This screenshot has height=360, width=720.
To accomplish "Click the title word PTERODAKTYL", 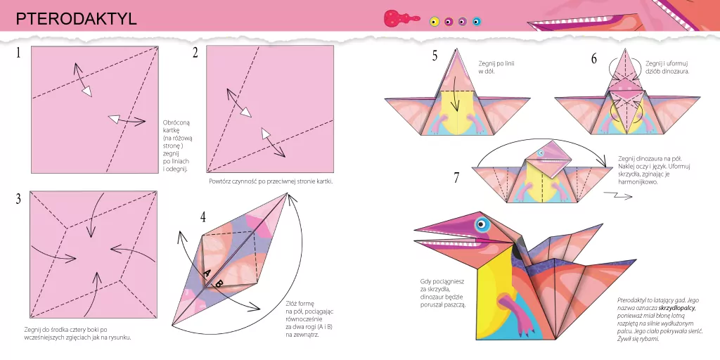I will click(76, 19).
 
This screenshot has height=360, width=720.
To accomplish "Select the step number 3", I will click(18, 199).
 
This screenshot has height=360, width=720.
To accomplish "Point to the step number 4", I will click(203, 217).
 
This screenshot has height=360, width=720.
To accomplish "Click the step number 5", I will click(435, 56).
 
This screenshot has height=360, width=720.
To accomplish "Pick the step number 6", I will click(594, 58).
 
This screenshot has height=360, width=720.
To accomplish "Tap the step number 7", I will click(456, 178).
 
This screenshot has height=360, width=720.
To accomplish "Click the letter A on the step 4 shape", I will click(207, 274).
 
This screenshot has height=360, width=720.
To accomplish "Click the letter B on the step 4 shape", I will click(219, 283).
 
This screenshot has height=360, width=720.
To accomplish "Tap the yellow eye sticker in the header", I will click(435, 22).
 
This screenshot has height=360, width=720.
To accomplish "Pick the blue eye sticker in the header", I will click(477, 22).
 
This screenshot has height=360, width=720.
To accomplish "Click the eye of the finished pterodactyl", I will click(482, 226).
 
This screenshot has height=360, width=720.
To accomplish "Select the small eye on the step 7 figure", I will click(541, 153).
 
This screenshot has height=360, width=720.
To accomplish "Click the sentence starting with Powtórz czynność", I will click(270, 181).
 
